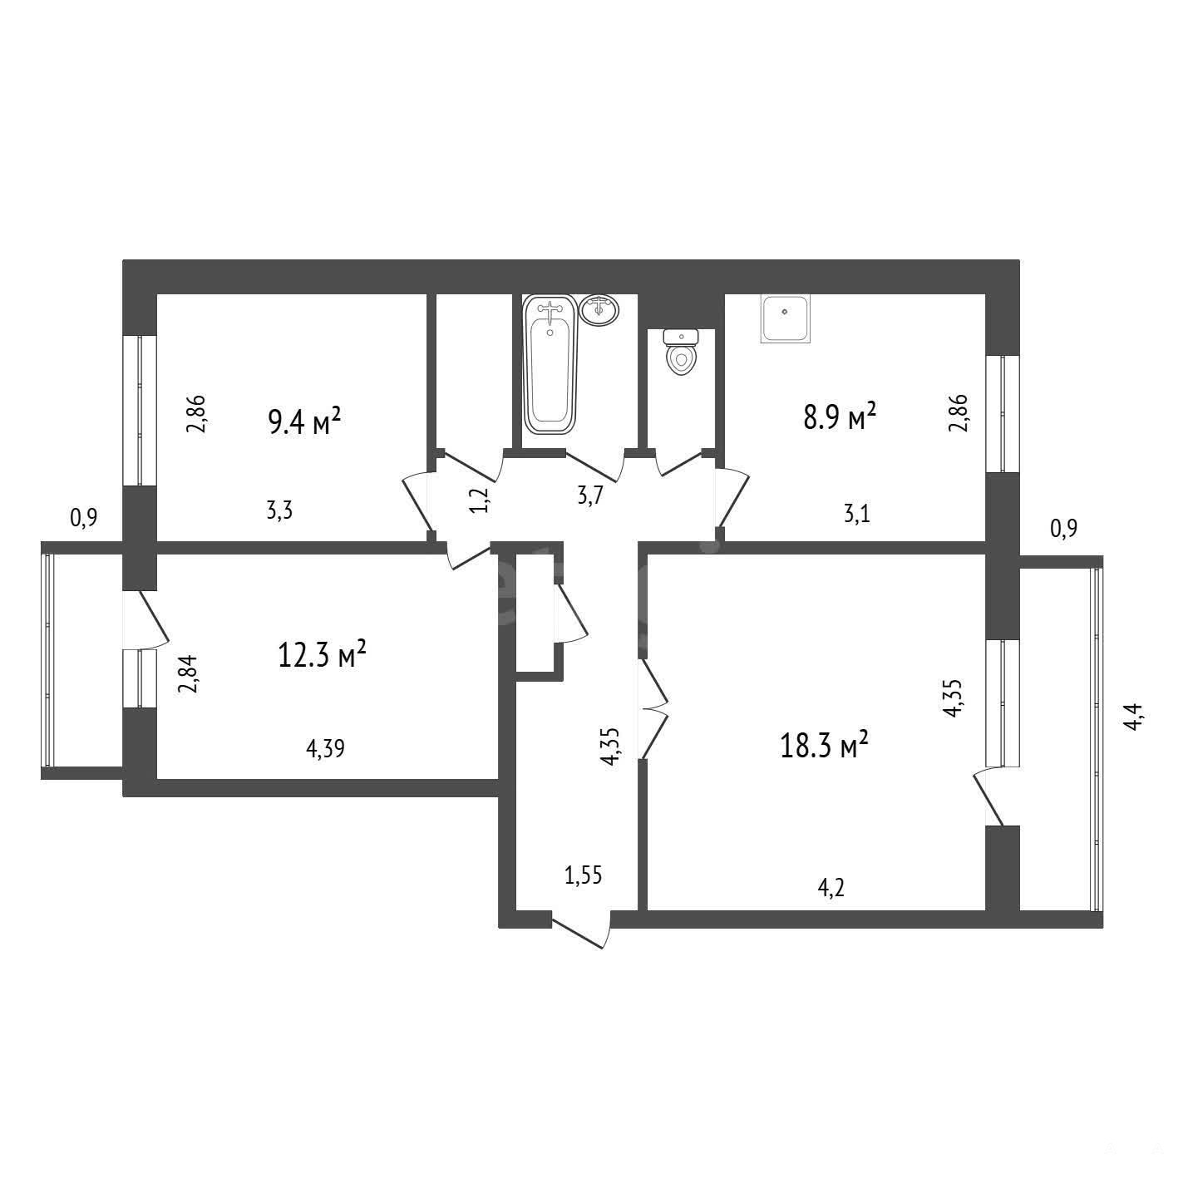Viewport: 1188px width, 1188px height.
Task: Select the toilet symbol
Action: [680, 352]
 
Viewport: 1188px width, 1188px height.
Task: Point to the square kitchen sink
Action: [786, 318]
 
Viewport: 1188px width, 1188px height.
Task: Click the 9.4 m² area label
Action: [304, 421]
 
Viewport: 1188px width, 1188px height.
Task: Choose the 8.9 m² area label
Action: [840, 417]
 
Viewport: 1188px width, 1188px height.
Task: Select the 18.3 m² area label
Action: [824, 746]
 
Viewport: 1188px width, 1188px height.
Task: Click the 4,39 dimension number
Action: [326, 748]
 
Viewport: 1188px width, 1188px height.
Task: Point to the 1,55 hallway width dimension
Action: [584, 875]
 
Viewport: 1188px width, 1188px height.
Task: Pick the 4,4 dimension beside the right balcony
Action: [1134, 717]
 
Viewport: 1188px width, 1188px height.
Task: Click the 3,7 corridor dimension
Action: [590, 495]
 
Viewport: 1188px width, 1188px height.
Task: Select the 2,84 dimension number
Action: [187, 675]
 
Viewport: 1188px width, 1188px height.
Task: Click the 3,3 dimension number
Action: [279, 510]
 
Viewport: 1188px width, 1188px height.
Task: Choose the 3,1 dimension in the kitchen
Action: [856, 513]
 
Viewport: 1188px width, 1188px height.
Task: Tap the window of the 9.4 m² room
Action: [140, 411]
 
